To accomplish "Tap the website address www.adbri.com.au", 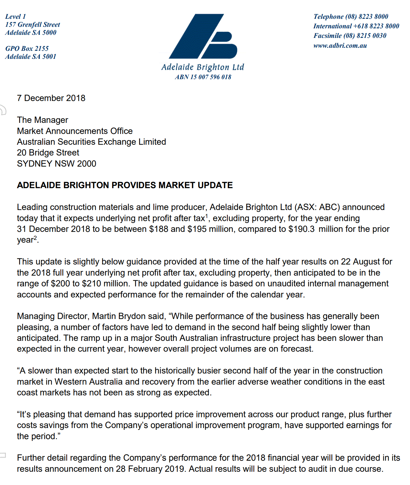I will pyautogui.click(x=340, y=46).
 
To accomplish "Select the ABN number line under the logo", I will pyautogui.click(x=203, y=77).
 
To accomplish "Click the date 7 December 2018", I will pyautogui.click(x=51, y=98).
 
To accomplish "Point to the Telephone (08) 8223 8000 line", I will pyautogui.click(x=351, y=17).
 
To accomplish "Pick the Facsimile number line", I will pyautogui.click(x=350, y=36).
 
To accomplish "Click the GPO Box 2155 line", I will pyautogui.click(x=27, y=49).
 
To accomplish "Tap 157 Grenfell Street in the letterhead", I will pyautogui.click(x=33, y=25).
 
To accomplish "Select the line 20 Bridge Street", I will pyautogui.click(x=48, y=153).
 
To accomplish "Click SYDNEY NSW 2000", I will pyautogui.click(x=57, y=164).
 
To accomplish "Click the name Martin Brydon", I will pyautogui.click(x=119, y=316).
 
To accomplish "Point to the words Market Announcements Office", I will pyautogui.click(x=75, y=131).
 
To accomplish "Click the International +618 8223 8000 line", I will pyautogui.click(x=356, y=26).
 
